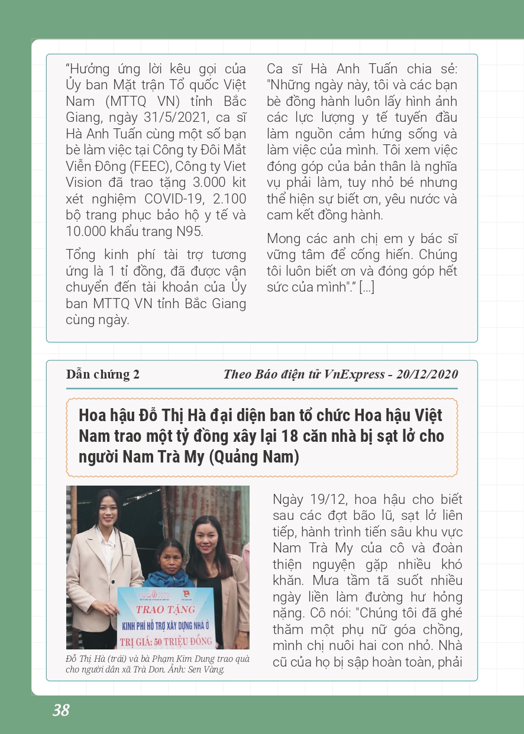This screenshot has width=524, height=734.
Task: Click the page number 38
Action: click(x=61, y=710)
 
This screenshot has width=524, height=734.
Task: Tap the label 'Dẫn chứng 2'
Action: click(x=103, y=374)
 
